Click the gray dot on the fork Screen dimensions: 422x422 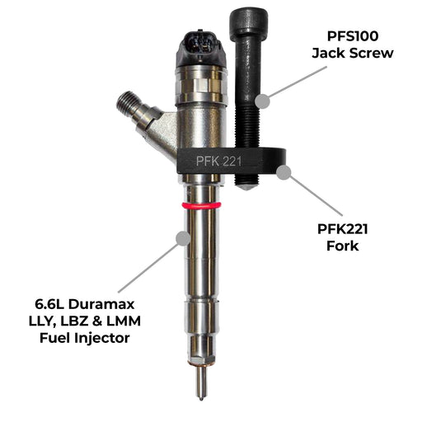click(x=284, y=172)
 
